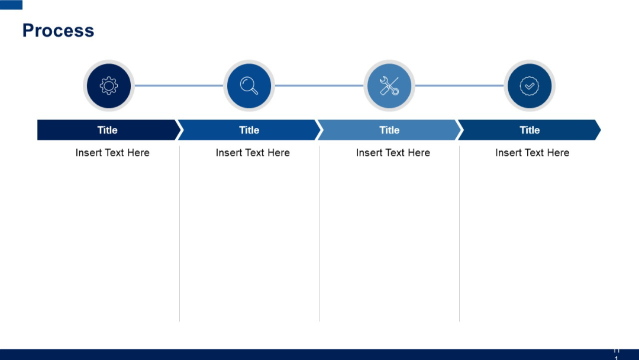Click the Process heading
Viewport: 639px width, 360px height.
click(x=58, y=31)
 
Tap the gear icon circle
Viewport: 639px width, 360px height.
click(x=109, y=86)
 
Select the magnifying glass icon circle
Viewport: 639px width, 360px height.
click(x=249, y=86)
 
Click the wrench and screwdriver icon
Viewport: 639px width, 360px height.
click(x=389, y=86)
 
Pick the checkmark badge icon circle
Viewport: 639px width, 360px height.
click(x=530, y=86)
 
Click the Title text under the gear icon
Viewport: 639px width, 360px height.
click(x=108, y=130)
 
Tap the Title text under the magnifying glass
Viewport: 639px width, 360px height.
click(x=249, y=130)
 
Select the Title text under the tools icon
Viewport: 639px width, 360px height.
click(x=389, y=130)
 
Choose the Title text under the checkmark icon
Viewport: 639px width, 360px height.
click(x=530, y=130)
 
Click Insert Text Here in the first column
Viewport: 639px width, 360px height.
click(x=112, y=153)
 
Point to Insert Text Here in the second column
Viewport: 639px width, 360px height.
click(x=253, y=153)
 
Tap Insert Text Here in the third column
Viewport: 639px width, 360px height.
click(x=393, y=153)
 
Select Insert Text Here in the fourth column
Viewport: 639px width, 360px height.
click(x=532, y=153)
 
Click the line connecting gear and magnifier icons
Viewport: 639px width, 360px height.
click(x=179, y=86)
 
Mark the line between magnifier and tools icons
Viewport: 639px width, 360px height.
click(x=319, y=86)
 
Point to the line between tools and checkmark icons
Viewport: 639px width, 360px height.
click(x=459, y=86)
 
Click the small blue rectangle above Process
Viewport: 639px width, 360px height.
click(x=11, y=5)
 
